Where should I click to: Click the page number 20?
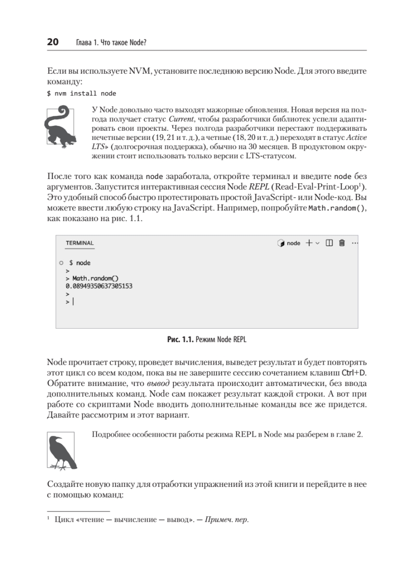click(x=53, y=42)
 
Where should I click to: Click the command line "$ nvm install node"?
click(x=81, y=93)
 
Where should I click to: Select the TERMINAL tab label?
click(x=79, y=243)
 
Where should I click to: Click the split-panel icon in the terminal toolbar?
click(x=330, y=243)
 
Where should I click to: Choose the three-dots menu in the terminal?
click(x=355, y=243)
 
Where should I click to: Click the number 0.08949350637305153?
click(x=99, y=286)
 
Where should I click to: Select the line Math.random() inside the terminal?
click(x=95, y=278)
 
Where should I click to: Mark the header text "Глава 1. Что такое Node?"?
click(x=111, y=43)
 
